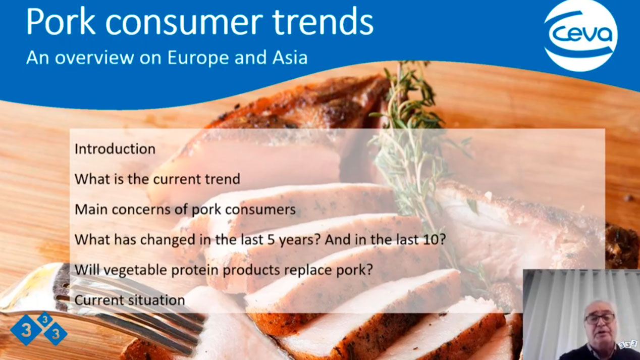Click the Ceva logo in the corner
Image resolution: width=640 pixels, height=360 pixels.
point(580,35)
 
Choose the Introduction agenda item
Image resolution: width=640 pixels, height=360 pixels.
point(115,149)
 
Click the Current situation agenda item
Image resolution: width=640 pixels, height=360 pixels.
point(130,300)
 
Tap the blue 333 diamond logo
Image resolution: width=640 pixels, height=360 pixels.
point(38,329)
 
